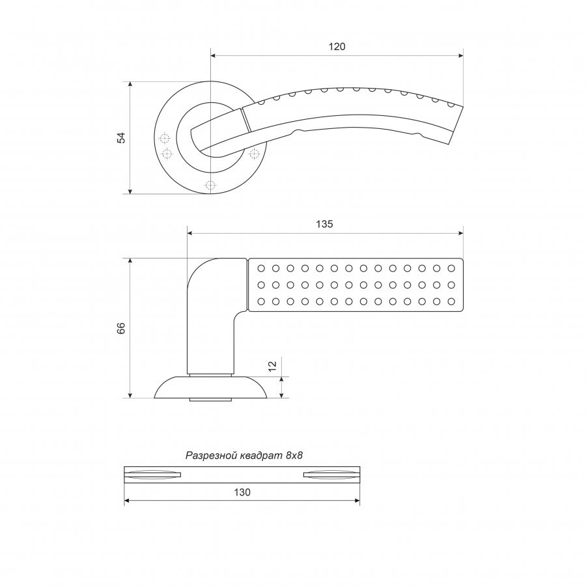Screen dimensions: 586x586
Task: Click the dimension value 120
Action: tap(337, 47)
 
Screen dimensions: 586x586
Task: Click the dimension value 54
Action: tap(122, 138)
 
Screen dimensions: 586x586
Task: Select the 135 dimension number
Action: tap(324, 224)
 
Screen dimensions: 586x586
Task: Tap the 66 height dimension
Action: tap(122, 328)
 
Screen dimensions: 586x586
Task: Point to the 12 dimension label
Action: tap(272, 365)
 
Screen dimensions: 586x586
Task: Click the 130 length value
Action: tap(242, 492)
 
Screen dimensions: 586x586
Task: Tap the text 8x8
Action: tap(294, 456)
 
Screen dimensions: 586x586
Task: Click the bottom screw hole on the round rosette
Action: tap(210, 185)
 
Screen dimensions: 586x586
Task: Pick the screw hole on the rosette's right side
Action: tap(254, 153)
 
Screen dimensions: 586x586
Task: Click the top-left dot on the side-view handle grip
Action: tap(261, 268)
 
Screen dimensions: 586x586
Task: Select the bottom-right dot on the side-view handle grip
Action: tap(451, 301)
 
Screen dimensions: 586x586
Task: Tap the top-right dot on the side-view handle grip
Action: tap(451, 268)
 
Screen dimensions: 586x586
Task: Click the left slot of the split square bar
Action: tap(152, 475)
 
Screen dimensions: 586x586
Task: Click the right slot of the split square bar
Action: tap(331, 475)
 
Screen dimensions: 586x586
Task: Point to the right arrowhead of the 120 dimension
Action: tap(460, 56)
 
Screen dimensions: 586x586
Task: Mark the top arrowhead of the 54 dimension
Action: tap(130, 85)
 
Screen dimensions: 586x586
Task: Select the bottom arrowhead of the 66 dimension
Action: tap(130, 395)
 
